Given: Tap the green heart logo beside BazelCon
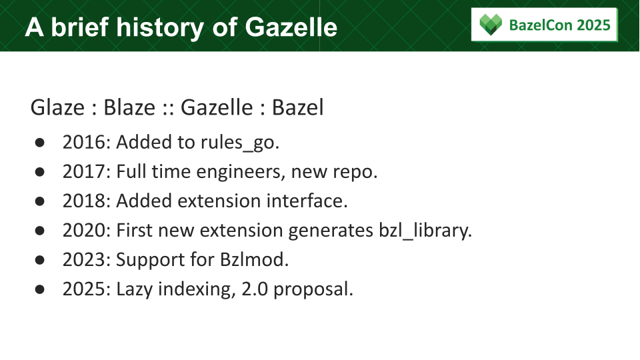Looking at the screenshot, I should click(491, 25).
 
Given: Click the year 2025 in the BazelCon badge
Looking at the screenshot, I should click(594, 25).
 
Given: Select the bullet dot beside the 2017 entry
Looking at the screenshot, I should click(39, 172).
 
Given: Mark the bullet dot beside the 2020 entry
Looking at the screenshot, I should click(39, 231).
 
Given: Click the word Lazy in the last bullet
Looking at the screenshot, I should click(135, 289).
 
